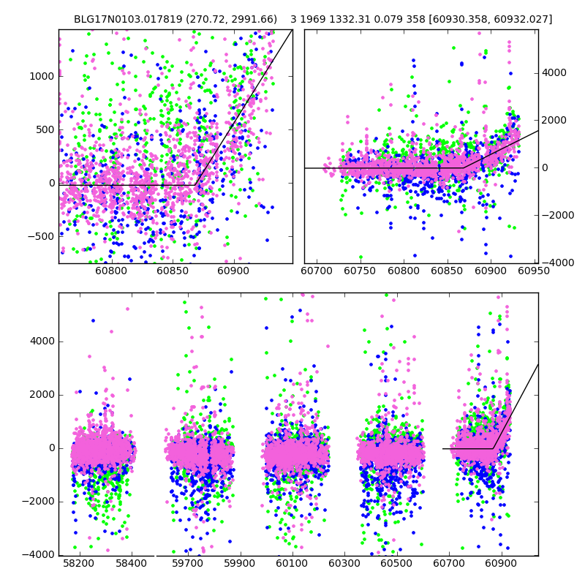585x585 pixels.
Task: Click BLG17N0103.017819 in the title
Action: [120, 19]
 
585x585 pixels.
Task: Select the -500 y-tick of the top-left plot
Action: [41, 236]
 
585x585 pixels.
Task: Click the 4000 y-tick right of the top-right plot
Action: [554, 73]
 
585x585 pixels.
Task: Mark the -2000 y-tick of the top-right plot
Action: [555, 215]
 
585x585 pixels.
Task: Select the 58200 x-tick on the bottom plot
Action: [78, 565]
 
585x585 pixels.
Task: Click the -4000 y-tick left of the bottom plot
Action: [38, 555]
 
